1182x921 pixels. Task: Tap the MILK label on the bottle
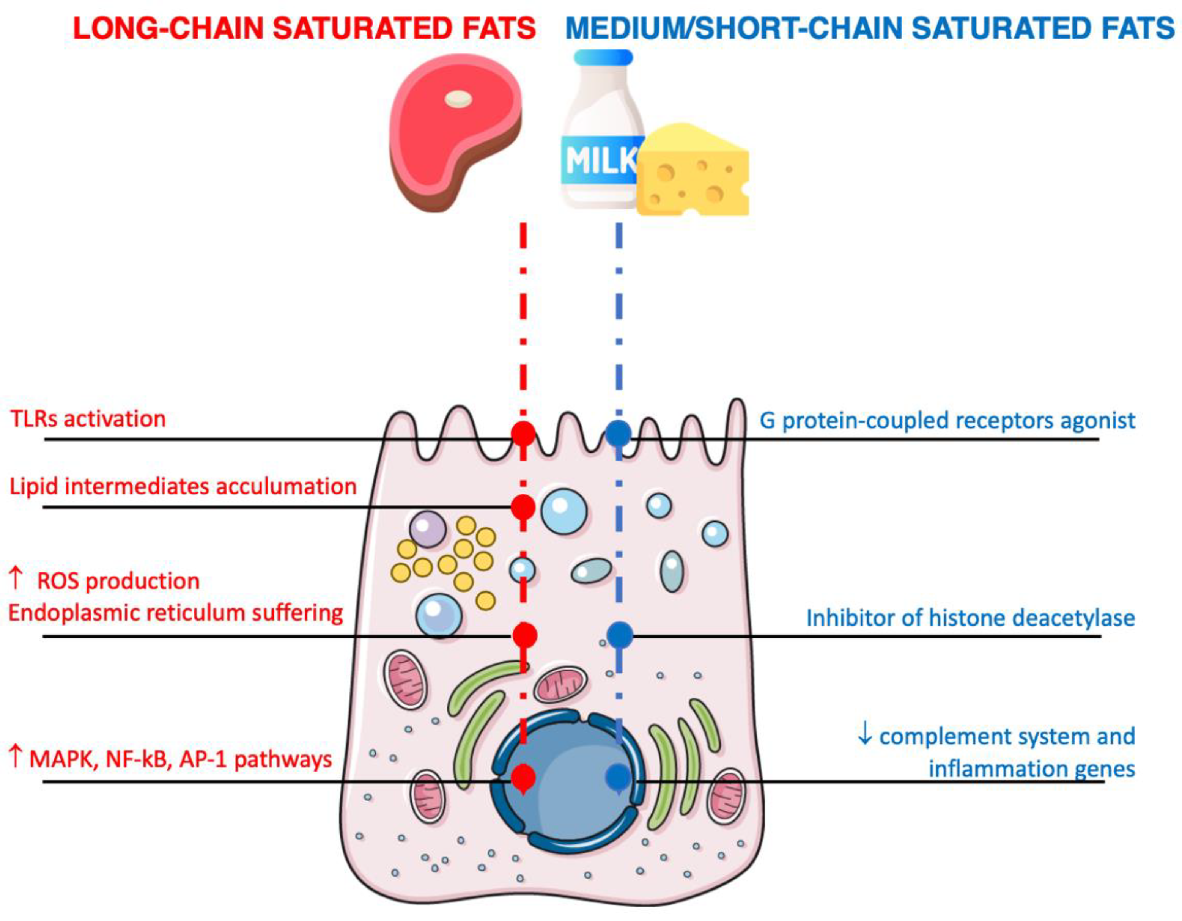(x=598, y=160)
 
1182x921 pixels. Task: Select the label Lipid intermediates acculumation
(x=183, y=486)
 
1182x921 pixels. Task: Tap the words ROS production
(x=118, y=581)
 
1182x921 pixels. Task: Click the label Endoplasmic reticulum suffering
(x=176, y=613)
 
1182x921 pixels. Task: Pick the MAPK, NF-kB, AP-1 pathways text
(x=180, y=759)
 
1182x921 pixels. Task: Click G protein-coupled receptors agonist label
(x=947, y=420)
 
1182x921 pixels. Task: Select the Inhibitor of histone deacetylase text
(x=970, y=618)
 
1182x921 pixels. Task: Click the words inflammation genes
(x=1031, y=769)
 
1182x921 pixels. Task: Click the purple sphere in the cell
(x=428, y=529)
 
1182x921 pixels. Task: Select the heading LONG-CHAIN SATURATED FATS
(x=304, y=29)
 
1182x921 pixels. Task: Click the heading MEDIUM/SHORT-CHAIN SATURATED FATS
(x=870, y=29)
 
